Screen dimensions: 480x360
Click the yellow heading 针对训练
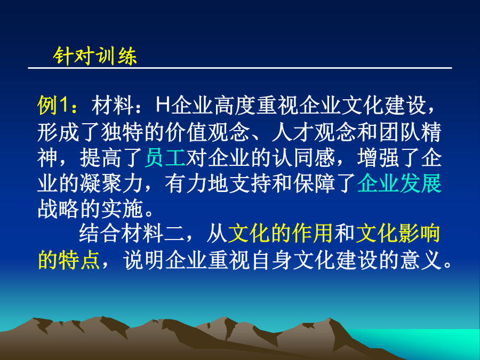click(x=95, y=56)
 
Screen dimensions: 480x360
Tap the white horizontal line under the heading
click(x=240, y=68)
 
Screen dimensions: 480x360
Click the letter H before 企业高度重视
click(x=163, y=105)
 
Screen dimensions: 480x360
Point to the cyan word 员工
click(x=165, y=158)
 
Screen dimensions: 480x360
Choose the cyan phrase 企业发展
click(x=399, y=183)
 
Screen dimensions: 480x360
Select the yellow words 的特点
click(x=69, y=260)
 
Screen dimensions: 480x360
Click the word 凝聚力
click(x=111, y=183)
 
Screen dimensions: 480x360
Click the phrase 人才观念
click(x=314, y=132)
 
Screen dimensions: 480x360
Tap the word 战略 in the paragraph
click(x=59, y=210)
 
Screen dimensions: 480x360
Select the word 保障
click(x=314, y=183)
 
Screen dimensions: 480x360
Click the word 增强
click(x=378, y=158)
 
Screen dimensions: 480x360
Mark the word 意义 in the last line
click(x=421, y=260)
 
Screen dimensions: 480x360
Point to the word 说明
click(x=144, y=260)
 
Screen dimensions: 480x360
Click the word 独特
click(x=123, y=132)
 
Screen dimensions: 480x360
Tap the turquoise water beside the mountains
click(x=429, y=340)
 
